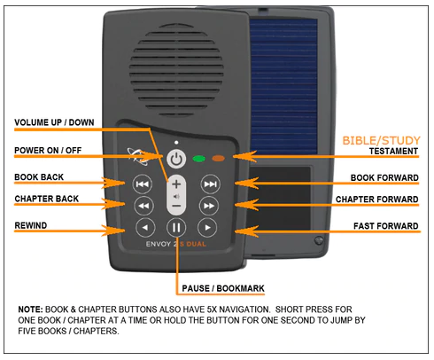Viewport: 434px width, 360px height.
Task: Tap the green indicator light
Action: tap(198, 159)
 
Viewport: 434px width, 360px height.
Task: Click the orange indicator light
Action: tap(219, 159)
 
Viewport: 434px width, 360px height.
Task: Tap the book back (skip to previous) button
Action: tap(143, 184)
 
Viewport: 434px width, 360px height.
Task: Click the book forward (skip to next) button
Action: tap(210, 184)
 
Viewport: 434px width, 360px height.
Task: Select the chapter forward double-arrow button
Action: tap(209, 206)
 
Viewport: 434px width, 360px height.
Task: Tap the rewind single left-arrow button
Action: tap(145, 228)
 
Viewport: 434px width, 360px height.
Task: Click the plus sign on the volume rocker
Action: tap(176, 184)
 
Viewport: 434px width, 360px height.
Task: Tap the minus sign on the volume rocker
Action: tap(176, 206)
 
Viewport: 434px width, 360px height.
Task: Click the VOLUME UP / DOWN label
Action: tap(54, 122)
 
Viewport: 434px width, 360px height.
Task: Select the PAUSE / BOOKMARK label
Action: tap(223, 288)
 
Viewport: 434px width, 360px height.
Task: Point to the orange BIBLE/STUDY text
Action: tap(381, 140)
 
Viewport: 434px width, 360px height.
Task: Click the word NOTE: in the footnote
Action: tap(31, 309)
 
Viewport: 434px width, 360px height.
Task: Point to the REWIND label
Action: tap(31, 225)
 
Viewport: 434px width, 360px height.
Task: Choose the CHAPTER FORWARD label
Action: tap(377, 200)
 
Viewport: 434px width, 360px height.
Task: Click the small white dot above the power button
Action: tap(176, 143)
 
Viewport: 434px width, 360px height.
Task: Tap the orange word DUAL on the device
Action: tap(197, 244)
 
